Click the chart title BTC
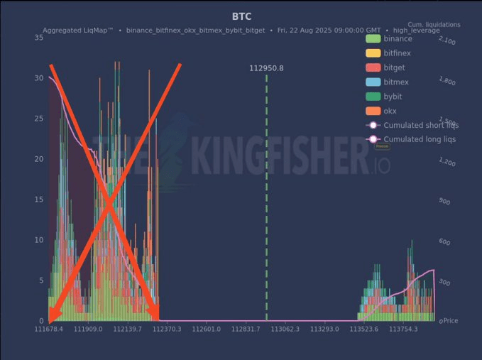[x=241, y=16]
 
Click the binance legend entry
[x=398, y=38]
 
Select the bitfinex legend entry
[x=397, y=53]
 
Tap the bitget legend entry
[x=395, y=67]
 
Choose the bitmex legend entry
[x=396, y=82]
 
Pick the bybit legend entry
[x=393, y=97]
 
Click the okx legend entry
[x=390, y=111]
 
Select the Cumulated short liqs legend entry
[x=420, y=125]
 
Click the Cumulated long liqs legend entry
[x=420, y=139]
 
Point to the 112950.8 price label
[x=266, y=68]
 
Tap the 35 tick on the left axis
[x=38, y=37]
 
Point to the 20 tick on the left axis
[x=38, y=158]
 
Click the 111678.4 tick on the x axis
[x=48, y=329]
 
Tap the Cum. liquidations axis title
[x=434, y=25]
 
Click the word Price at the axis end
[x=450, y=321]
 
